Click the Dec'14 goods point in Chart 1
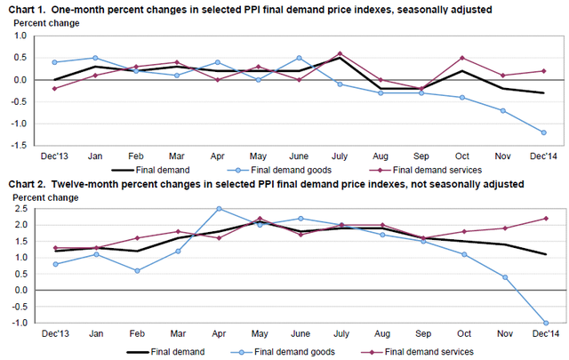pos(544,132)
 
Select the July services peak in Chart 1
pos(340,53)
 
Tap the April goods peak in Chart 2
pos(218,209)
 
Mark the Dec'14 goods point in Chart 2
pos(544,324)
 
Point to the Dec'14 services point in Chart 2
pos(544,218)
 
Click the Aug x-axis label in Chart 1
pos(381,154)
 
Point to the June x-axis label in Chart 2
pos(299,335)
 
